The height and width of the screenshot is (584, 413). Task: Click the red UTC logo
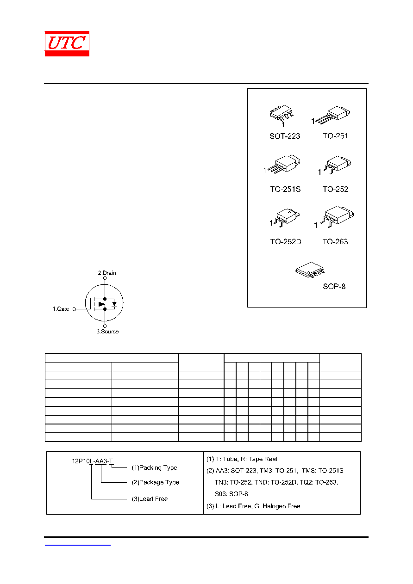(67, 43)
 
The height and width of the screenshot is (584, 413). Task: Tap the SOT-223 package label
(285, 136)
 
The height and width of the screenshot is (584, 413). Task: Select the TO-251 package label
(335, 136)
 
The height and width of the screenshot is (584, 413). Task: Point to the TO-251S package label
(285, 189)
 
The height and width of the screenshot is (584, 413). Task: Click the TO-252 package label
(335, 189)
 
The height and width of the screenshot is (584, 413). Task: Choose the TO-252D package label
(286, 242)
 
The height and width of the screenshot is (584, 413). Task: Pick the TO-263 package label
(335, 242)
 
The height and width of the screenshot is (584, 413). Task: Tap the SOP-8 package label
(334, 286)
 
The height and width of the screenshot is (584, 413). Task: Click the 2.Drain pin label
(107, 273)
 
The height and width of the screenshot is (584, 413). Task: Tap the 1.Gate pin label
(61, 309)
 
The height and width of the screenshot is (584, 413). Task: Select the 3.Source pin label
(107, 332)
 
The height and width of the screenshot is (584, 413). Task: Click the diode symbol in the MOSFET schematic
(114, 304)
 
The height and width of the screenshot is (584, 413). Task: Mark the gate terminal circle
(74, 309)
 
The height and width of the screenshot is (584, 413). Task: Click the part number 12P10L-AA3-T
(93, 461)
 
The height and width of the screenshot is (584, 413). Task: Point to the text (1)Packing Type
(154, 468)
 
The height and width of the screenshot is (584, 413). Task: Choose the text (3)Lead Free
(150, 499)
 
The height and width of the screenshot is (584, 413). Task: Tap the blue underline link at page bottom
(77, 545)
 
